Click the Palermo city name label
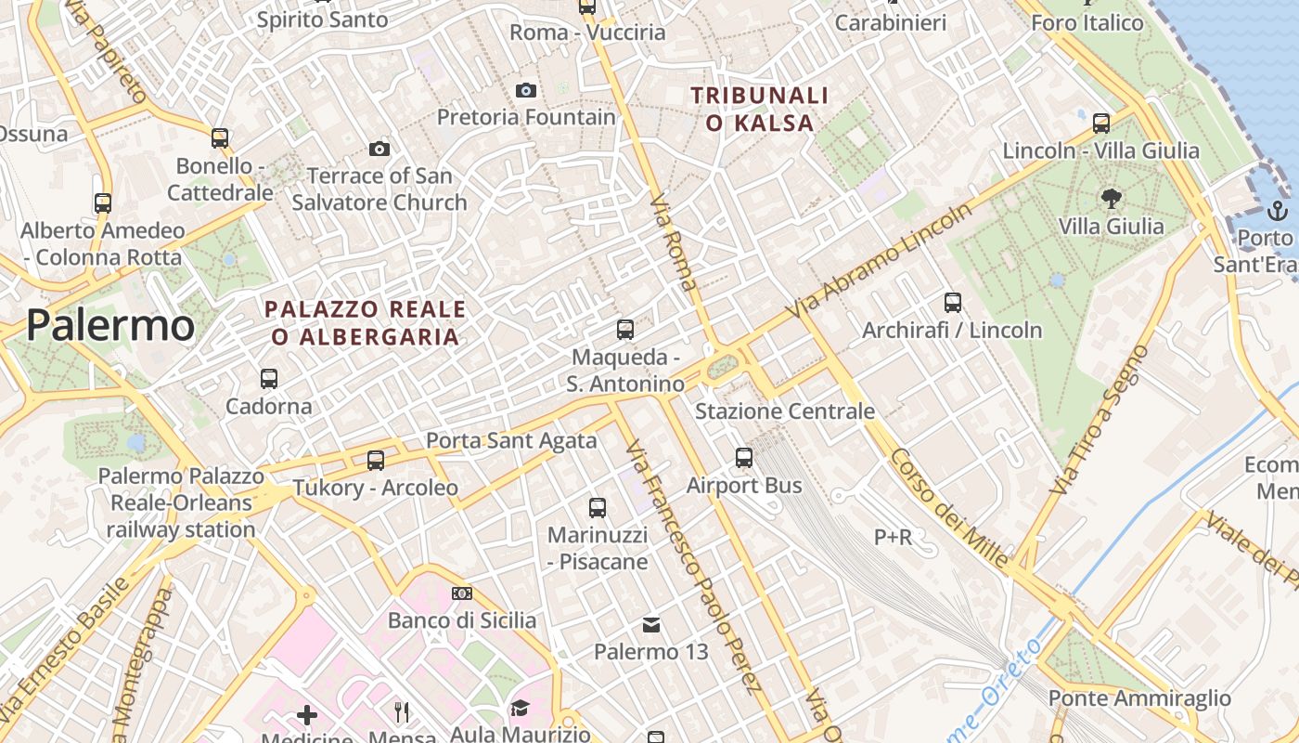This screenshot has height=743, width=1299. (110, 326)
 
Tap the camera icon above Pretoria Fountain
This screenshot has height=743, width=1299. (526, 90)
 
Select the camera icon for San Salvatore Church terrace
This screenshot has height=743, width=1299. (379, 149)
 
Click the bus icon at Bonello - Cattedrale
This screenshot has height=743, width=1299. (220, 138)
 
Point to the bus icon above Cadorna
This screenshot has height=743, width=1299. (269, 379)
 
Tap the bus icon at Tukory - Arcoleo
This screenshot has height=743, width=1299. (376, 461)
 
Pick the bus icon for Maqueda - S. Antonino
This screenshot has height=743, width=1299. (625, 330)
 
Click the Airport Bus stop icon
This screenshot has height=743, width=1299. (744, 458)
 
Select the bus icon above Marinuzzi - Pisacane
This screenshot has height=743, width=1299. (598, 508)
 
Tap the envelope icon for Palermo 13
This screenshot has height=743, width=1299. (651, 625)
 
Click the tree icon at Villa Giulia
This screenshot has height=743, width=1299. (1111, 198)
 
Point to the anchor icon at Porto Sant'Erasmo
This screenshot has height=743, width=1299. (1278, 210)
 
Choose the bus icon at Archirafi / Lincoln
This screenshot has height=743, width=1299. (953, 303)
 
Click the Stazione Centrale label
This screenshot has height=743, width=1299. (785, 411)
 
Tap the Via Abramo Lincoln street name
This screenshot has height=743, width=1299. (880, 261)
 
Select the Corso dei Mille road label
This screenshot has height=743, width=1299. (949, 508)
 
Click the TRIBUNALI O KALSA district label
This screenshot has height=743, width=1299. (759, 109)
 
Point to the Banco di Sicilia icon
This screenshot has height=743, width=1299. (461, 593)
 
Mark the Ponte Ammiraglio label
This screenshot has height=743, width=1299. (1139, 698)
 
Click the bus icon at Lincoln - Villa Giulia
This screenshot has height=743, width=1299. (1101, 123)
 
